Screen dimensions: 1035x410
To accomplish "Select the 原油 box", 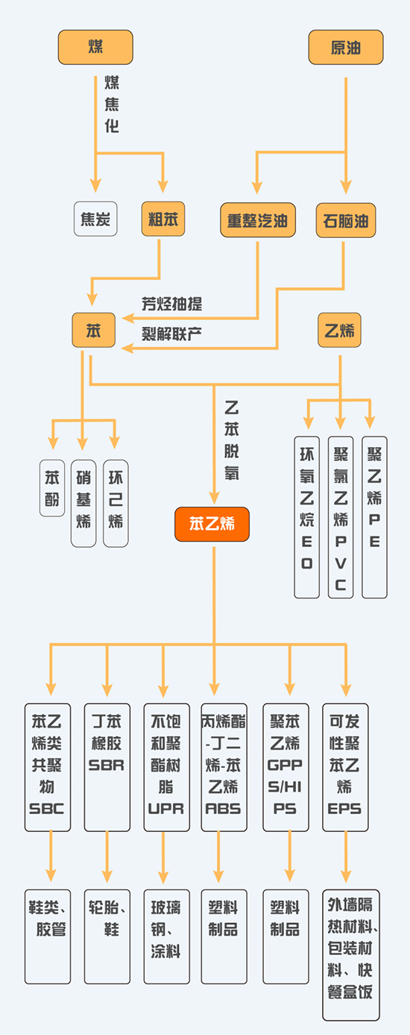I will pos(346,47).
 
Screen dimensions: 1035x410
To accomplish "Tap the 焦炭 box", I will pos(95,219).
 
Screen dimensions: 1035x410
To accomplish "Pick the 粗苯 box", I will pos(163,219).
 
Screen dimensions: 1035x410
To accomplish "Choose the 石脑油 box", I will pos(346,220).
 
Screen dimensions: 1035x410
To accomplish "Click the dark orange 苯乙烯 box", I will pos(212,524).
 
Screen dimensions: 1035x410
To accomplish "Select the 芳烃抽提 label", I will pos(172,304).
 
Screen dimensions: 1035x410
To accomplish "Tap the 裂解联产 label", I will pos(172,331).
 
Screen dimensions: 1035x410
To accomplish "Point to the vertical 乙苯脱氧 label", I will pos(232,440).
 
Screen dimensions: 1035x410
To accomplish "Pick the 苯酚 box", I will pos(51,488).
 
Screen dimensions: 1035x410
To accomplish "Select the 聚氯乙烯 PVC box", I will pos(341,517).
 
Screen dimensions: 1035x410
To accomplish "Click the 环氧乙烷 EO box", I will pos(307,517).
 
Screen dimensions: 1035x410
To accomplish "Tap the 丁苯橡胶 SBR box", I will pos(107,766).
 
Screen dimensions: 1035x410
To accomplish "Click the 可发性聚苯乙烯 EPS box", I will pos(345,766).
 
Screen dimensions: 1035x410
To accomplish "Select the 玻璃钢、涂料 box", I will pos(165,936).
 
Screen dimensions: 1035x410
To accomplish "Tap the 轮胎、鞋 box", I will pos(107,936).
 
